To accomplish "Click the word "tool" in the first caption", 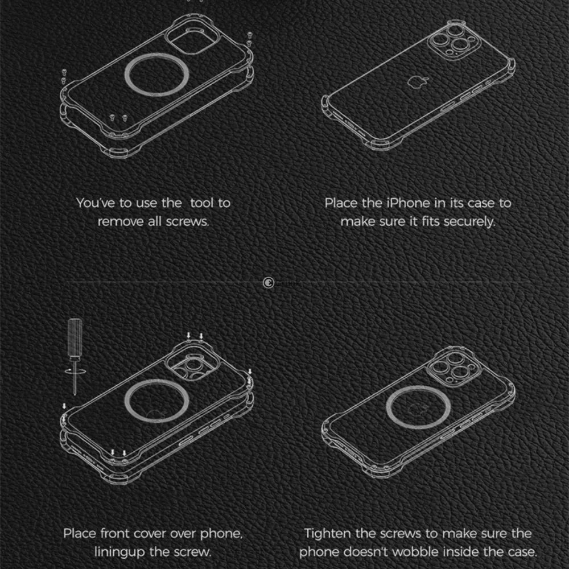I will pyautogui.click(x=203, y=203).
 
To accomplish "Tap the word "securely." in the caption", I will pyautogui.click(x=467, y=221).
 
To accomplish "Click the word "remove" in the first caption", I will pyautogui.click(x=117, y=221).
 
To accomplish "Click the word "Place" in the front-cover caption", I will pyautogui.click(x=79, y=534).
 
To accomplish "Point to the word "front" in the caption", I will pyautogui.click(x=115, y=534).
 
